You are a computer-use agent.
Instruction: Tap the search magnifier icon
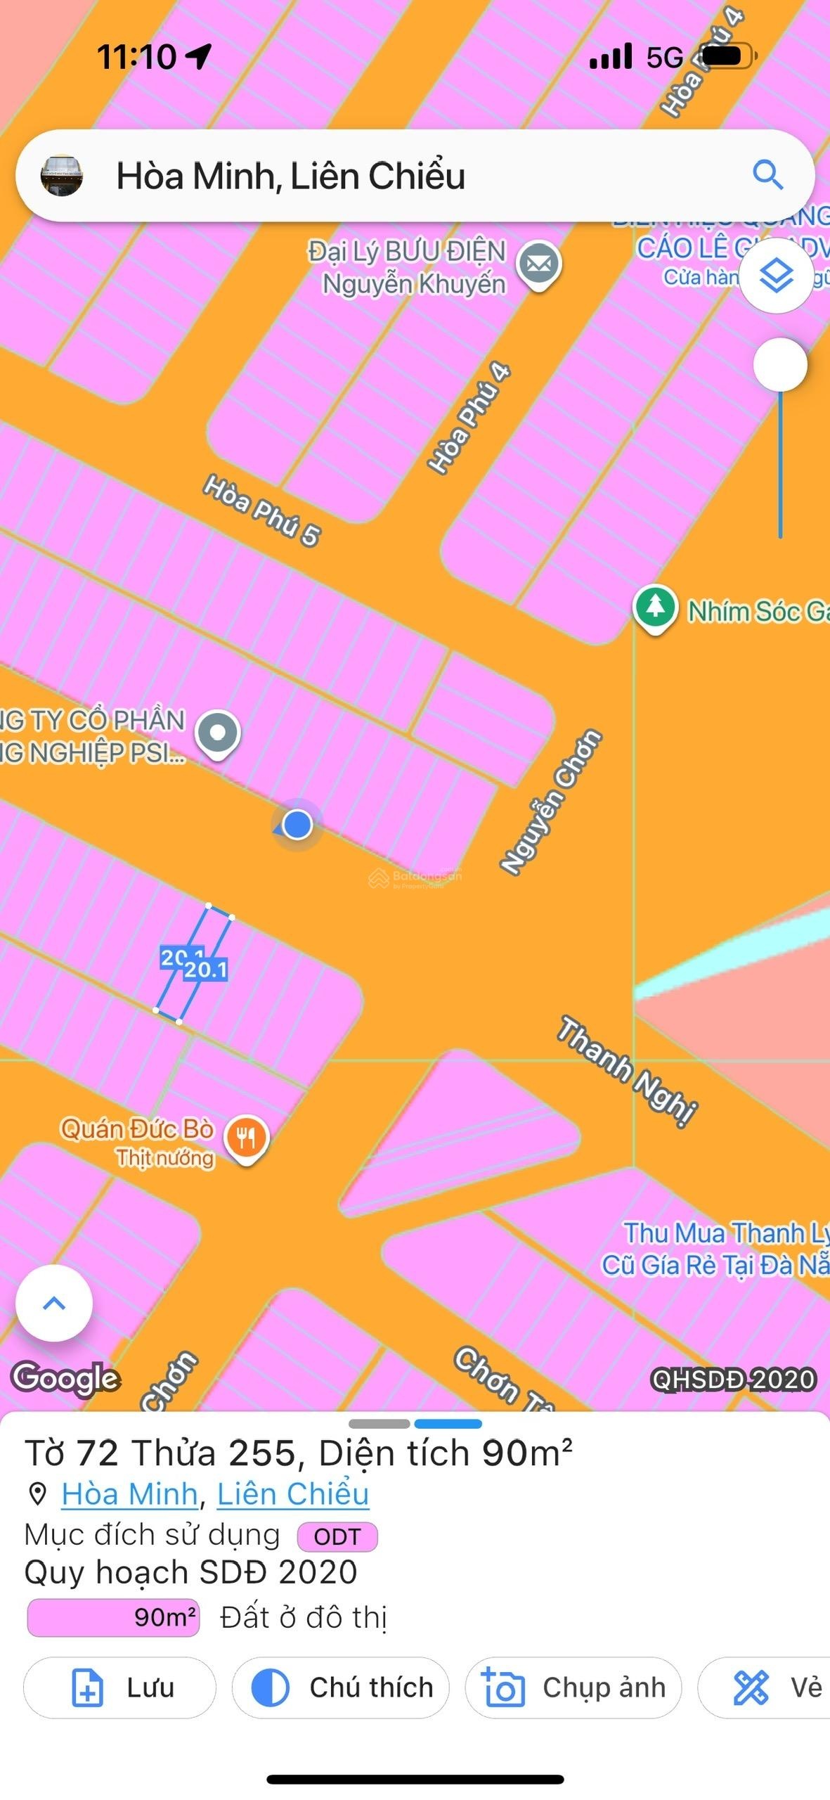click(x=767, y=174)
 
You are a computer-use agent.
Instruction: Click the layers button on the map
click(x=777, y=276)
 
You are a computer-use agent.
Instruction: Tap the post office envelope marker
click(x=539, y=264)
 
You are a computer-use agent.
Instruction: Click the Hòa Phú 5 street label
click(x=261, y=510)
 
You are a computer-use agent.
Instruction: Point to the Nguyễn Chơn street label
click(x=551, y=802)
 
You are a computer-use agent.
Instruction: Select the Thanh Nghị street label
click(x=627, y=1071)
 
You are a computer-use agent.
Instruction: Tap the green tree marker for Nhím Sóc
click(x=655, y=607)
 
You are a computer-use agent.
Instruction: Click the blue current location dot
click(x=297, y=824)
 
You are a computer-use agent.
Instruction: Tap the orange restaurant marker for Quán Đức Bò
click(x=246, y=1138)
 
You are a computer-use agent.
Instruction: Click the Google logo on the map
click(x=66, y=1377)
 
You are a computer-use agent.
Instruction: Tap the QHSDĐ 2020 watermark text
click(x=733, y=1380)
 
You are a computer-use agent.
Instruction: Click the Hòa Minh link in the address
click(x=129, y=1494)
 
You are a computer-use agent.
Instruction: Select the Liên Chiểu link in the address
click(x=292, y=1494)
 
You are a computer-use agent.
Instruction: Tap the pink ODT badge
click(x=337, y=1536)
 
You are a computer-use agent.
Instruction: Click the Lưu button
click(x=119, y=1687)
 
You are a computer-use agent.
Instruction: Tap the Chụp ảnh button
click(x=573, y=1687)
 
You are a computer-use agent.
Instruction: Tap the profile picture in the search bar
click(x=62, y=176)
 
